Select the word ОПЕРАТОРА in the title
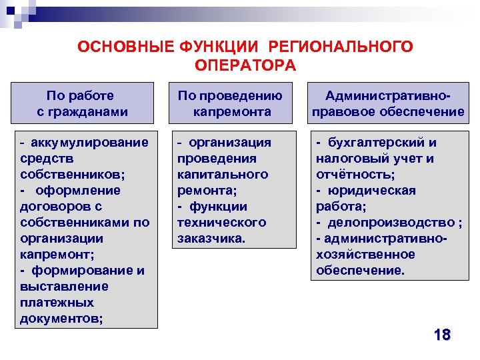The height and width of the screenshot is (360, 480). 245,65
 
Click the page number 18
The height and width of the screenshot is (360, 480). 441,335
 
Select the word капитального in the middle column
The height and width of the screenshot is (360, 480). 223,175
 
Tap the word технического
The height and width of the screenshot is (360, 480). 221,223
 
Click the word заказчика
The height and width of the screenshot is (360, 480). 211,239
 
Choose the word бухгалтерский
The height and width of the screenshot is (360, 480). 377,143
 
